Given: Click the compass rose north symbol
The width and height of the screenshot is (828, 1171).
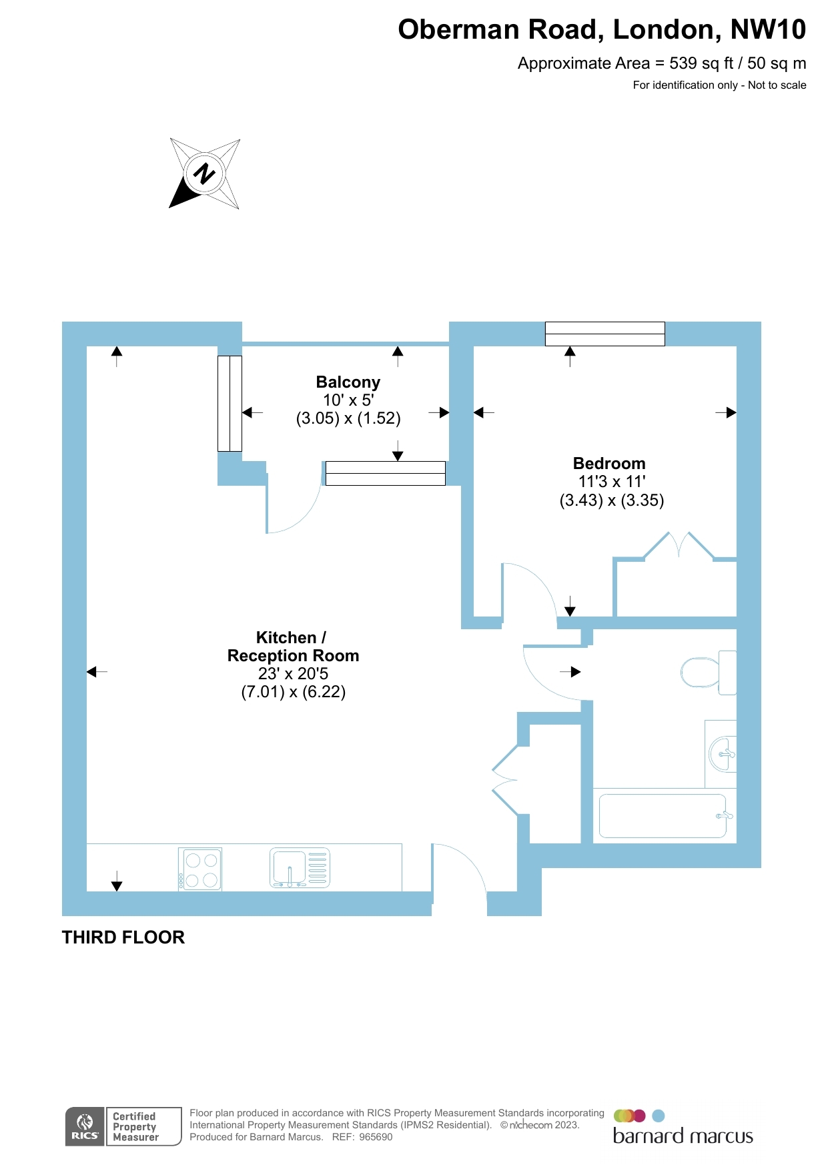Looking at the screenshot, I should (x=204, y=173).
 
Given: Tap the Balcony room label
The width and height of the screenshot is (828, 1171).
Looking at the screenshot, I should (x=348, y=382).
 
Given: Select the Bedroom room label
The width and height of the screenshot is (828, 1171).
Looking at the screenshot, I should (x=609, y=464).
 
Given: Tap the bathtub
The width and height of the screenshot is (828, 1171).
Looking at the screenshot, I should (x=663, y=815).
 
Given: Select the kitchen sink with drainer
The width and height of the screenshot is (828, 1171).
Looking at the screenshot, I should (x=300, y=869).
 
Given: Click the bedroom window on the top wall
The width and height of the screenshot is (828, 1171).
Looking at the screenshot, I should (x=604, y=334).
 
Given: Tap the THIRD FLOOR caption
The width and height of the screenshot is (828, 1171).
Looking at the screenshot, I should (x=123, y=937).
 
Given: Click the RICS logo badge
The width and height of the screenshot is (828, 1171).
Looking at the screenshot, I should (x=85, y=1126).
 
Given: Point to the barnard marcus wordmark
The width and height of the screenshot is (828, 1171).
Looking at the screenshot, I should (x=683, y=1136).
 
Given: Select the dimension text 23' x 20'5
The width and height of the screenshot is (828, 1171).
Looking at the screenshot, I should (x=293, y=674).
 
